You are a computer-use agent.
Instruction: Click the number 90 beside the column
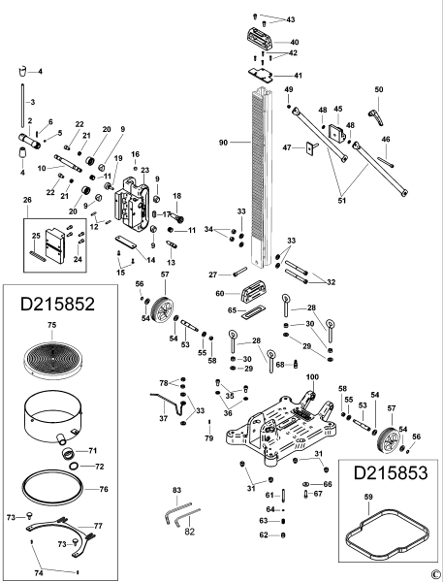[224, 143]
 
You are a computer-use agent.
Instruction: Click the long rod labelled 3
[20, 116]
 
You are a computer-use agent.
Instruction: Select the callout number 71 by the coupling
[94, 452]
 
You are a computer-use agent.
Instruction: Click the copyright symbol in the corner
[435, 574]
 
